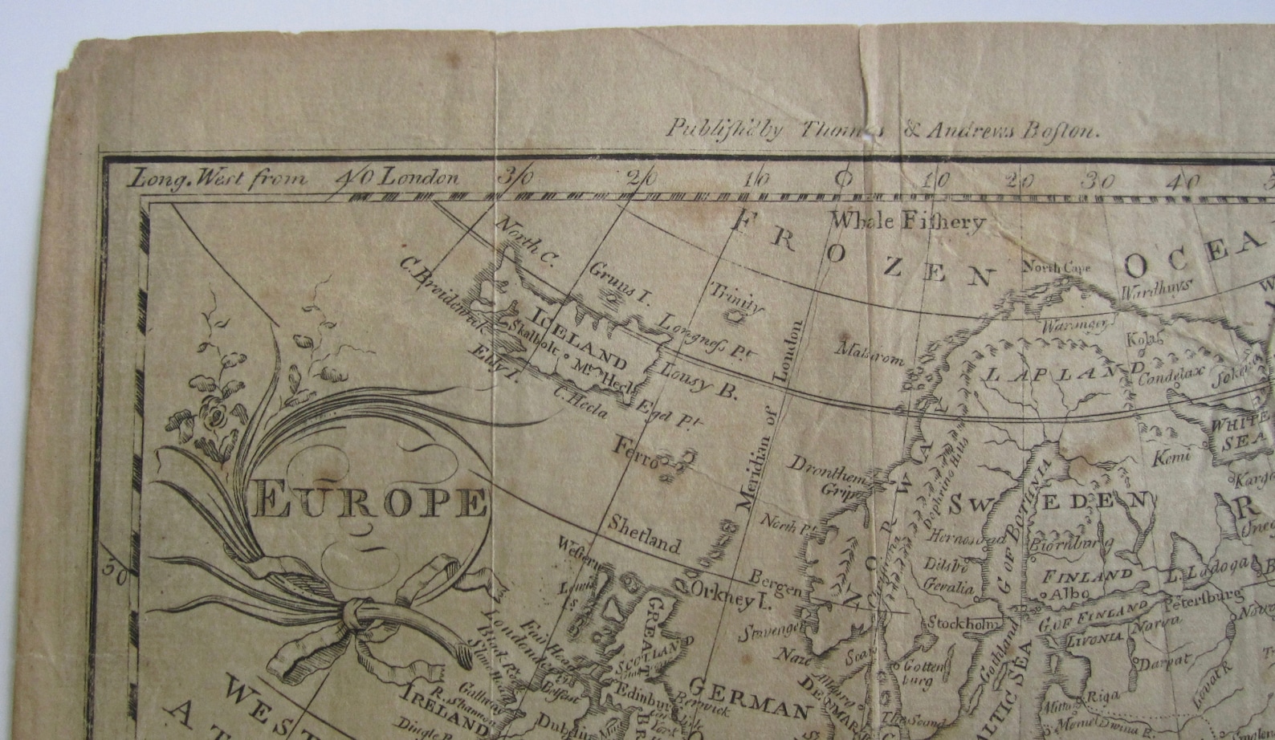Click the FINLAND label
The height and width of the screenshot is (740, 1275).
point(1087,575)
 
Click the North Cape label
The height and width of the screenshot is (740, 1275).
point(1056,267)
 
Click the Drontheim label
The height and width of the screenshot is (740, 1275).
point(827,470)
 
